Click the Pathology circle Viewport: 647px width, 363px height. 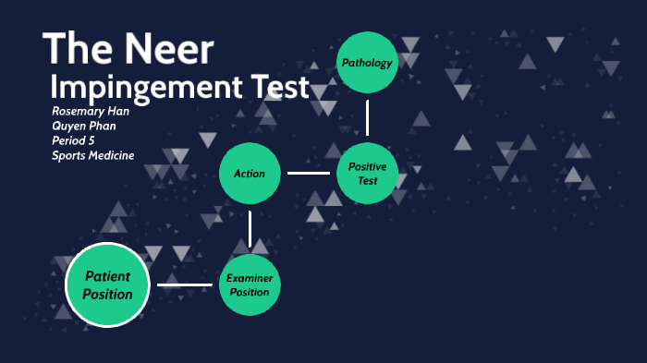click(x=367, y=63)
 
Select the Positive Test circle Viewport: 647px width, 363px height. click(x=368, y=173)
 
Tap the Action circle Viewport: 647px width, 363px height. click(x=250, y=174)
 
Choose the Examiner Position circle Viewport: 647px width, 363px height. click(x=250, y=284)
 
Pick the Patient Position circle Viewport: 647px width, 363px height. click(x=107, y=284)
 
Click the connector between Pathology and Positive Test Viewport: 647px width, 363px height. click(x=367, y=118)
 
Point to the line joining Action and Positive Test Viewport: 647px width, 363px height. click(x=308, y=173)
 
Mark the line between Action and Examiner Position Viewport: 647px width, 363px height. click(x=250, y=229)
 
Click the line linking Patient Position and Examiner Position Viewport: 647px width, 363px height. click(x=185, y=284)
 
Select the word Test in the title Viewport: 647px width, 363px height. click(x=272, y=88)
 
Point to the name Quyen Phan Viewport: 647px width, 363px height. click(x=84, y=127)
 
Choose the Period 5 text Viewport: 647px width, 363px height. click(x=73, y=140)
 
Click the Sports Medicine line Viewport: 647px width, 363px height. click(x=93, y=155)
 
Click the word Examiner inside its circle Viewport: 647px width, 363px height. click(x=250, y=277)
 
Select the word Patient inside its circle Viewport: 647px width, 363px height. click(x=107, y=276)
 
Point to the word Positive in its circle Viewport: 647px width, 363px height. click(x=368, y=166)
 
